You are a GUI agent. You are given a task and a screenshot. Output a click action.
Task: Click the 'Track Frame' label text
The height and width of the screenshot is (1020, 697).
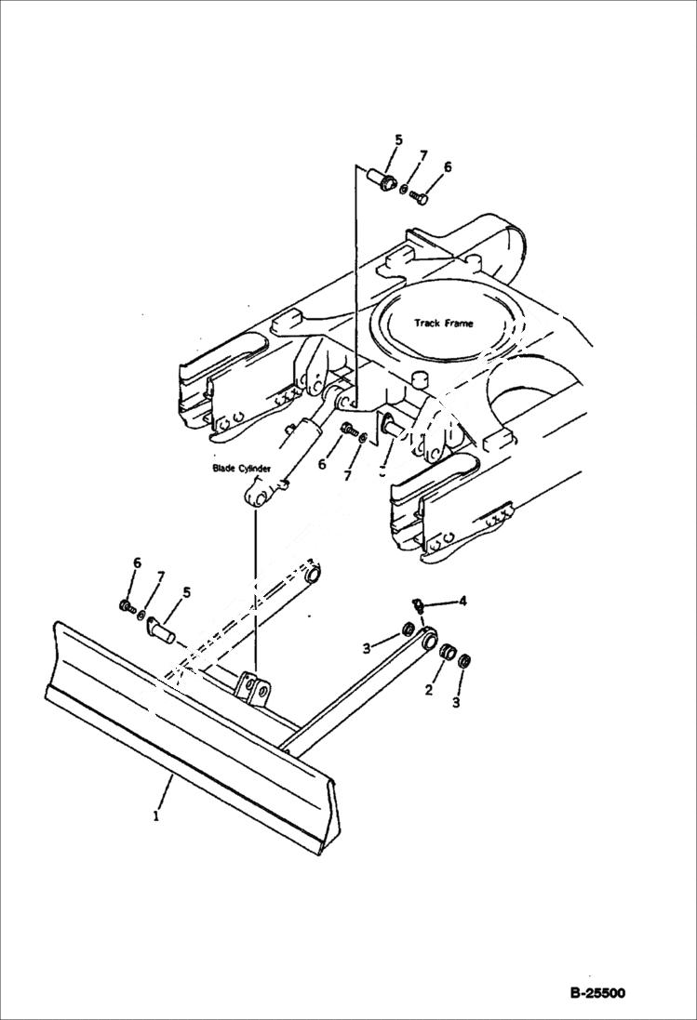pyautogui.click(x=443, y=324)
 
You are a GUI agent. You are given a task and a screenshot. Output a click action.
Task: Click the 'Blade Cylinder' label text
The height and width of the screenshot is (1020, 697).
pyautogui.click(x=240, y=470)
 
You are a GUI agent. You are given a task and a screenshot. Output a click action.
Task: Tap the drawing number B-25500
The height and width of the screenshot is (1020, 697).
pyautogui.click(x=596, y=993)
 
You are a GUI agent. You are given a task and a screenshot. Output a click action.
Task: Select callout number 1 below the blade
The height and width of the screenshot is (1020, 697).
pyautogui.click(x=156, y=816)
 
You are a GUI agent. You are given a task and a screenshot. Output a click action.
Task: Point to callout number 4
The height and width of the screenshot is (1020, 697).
pyautogui.click(x=462, y=601)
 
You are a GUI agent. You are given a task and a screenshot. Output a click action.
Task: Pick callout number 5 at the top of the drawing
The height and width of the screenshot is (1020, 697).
pyautogui.click(x=398, y=140)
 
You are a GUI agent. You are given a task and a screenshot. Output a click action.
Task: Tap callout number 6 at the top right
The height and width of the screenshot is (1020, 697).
pyautogui.click(x=448, y=167)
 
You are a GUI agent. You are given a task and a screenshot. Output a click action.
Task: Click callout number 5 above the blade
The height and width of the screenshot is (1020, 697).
pyautogui.click(x=186, y=591)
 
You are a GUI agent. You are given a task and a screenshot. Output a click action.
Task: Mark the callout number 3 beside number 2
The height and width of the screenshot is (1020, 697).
pyautogui.click(x=456, y=703)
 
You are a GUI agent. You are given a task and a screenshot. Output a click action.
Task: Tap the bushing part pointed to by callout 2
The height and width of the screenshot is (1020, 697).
pyautogui.click(x=447, y=653)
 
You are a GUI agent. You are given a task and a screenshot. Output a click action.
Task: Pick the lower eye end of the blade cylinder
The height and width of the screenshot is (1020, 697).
pyautogui.click(x=258, y=496)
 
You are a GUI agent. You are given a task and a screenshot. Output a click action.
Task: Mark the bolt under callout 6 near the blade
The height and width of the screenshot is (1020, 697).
pyautogui.click(x=126, y=606)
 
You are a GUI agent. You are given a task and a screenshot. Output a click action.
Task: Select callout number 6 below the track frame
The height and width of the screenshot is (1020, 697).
pyautogui.click(x=322, y=462)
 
